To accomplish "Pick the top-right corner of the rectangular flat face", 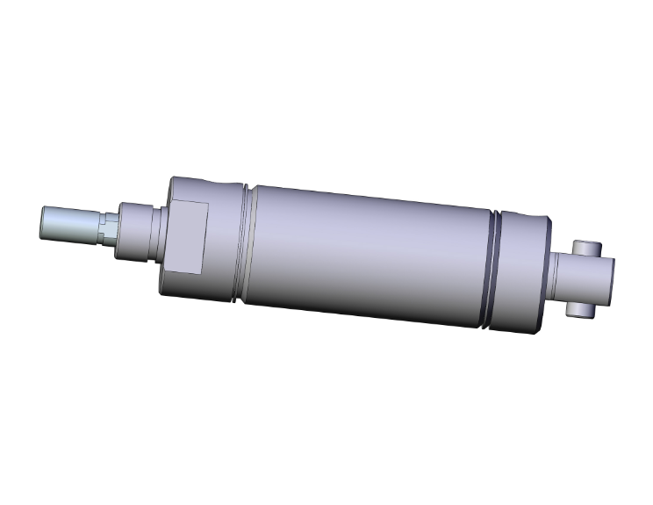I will (x=206, y=204).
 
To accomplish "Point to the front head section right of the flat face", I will (x=224, y=242).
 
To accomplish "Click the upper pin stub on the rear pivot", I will (x=586, y=247).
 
